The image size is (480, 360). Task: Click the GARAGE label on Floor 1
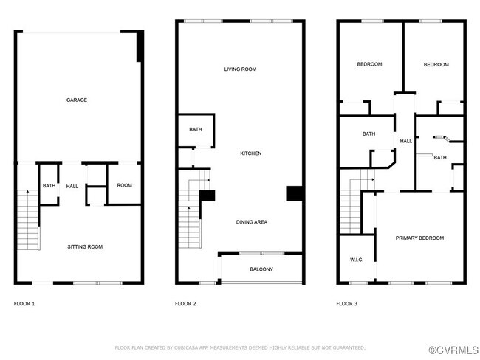[77, 100]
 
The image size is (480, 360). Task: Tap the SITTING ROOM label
[84, 246]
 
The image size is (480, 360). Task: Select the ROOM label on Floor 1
[124, 185]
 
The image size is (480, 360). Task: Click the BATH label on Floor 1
[49, 186]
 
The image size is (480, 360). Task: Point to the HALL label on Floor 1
[72, 186]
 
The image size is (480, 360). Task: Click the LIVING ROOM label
[240, 69]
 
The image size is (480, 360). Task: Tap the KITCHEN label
[250, 153]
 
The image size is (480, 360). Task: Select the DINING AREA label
[251, 221]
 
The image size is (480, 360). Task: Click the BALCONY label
[261, 269]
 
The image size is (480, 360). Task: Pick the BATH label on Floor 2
[195, 130]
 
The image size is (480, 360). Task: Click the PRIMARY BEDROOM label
[419, 238]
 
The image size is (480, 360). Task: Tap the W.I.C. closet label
[356, 260]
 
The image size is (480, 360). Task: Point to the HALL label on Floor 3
[406, 141]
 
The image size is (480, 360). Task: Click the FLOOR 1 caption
[24, 304]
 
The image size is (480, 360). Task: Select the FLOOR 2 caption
[185, 304]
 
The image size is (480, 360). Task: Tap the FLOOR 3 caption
[346, 304]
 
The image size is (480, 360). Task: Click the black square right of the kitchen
[295, 193]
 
